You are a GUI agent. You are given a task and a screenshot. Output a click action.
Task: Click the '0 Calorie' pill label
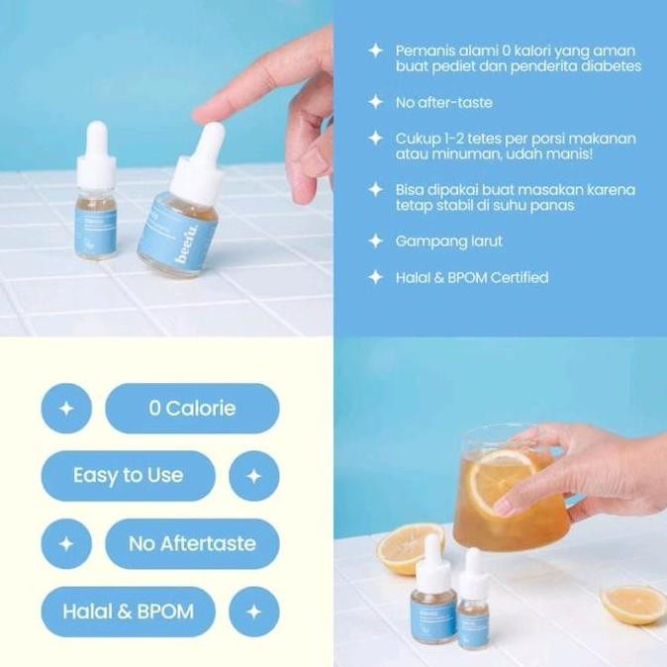click(192, 408)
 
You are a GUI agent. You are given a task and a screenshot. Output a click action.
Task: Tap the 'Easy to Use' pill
click(128, 475)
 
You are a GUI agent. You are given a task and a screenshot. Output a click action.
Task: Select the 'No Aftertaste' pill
click(192, 543)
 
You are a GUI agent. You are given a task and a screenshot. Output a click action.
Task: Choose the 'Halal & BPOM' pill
click(128, 612)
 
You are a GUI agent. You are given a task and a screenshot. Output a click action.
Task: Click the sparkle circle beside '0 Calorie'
click(66, 408)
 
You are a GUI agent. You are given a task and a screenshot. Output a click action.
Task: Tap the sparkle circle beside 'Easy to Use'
click(253, 475)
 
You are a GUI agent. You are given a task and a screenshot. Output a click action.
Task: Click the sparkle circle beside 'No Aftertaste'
click(66, 543)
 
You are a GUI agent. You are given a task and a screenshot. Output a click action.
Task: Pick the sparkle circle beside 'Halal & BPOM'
click(253, 612)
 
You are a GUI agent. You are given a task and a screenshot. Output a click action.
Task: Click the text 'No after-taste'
click(443, 102)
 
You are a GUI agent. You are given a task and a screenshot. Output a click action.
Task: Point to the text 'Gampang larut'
click(448, 240)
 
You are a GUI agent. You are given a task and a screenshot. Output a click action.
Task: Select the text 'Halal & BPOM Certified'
click(471, 277)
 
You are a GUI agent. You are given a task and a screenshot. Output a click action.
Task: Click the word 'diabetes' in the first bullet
click(607, 66)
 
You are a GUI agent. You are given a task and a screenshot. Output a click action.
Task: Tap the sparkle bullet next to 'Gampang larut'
click(375, 240)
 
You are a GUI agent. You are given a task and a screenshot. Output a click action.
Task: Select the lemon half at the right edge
click(632, 603)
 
